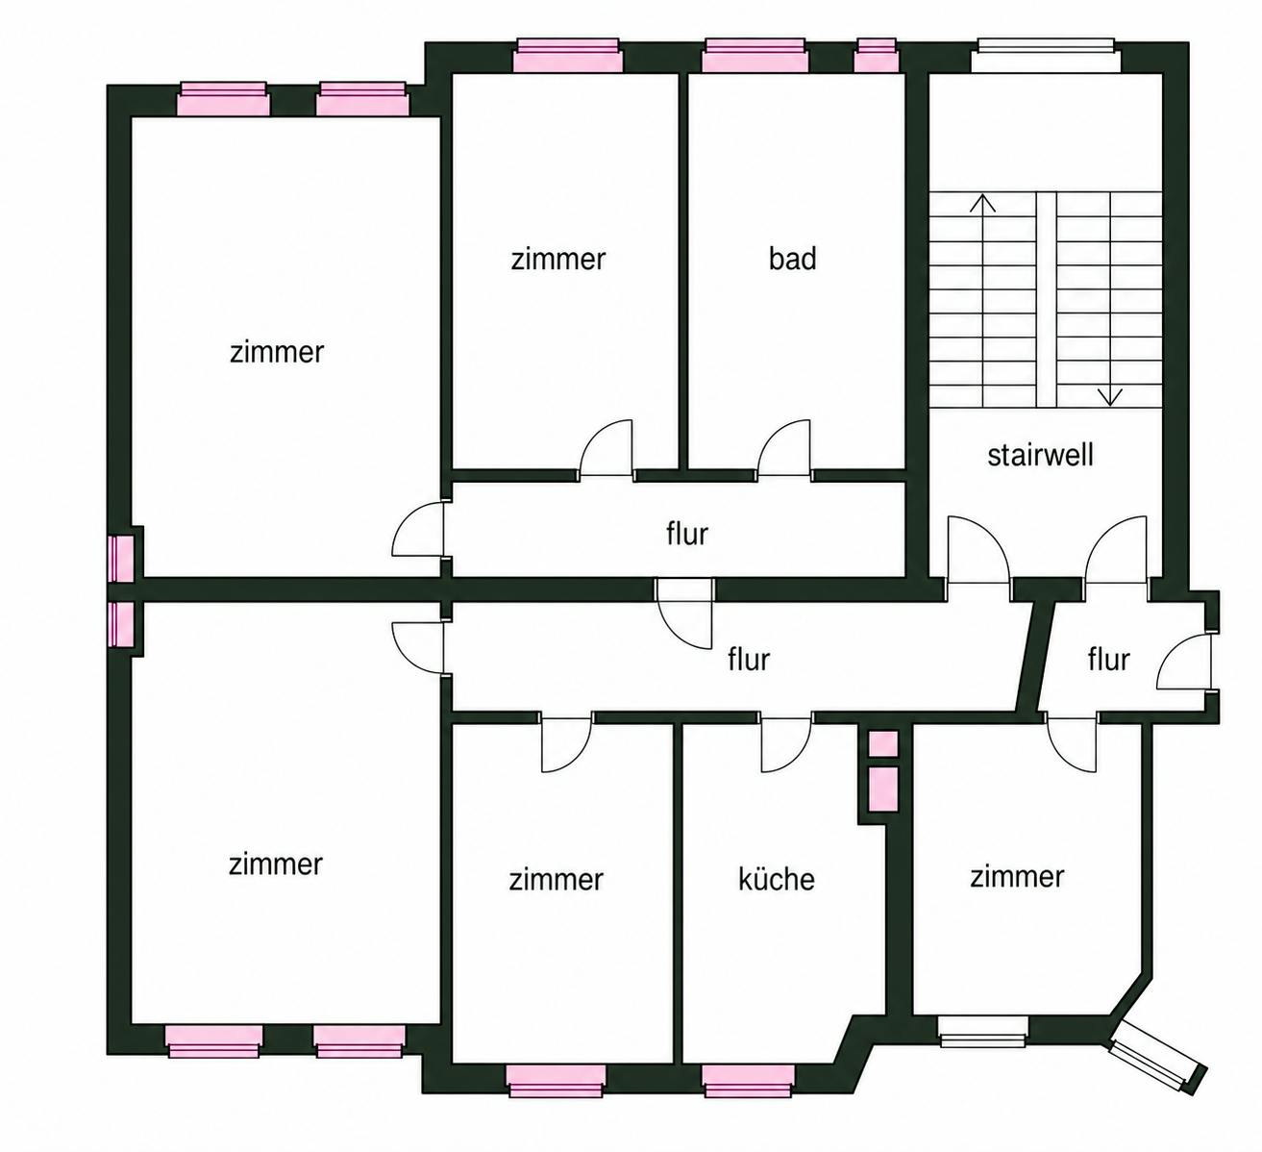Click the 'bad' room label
(793, 259)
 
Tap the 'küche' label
(777, 879)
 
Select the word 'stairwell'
(1041, 455)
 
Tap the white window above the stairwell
(1045, 56)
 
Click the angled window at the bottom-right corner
(1156, 1065)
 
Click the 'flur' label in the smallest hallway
(1108, 659)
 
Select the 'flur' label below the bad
(687, 534)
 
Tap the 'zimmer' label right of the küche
(1017, 876)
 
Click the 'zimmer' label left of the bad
(558, 259)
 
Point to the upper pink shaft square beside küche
(882, 744)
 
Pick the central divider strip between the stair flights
(1046, 300)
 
